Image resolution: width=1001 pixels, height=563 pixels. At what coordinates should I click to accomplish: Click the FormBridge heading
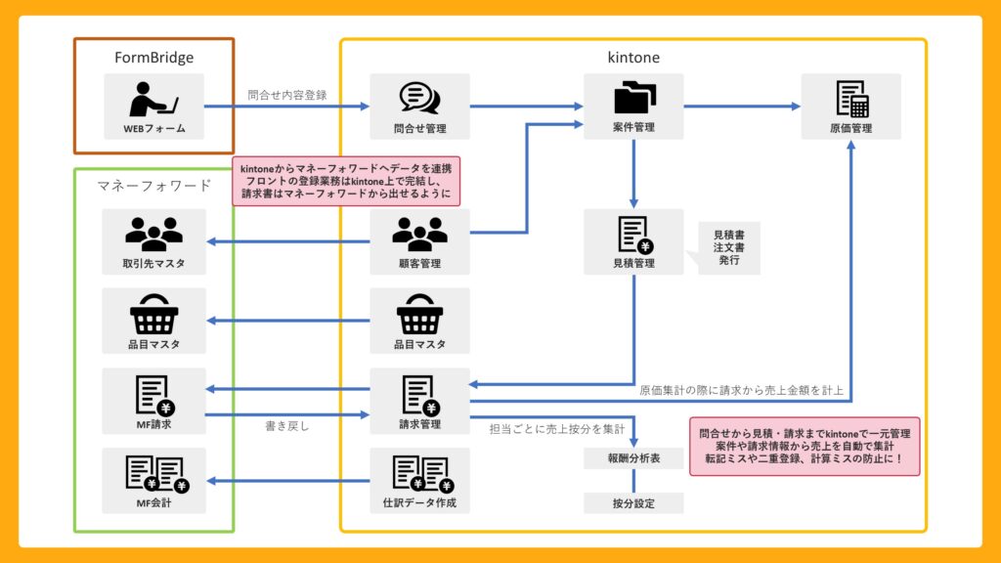(x=153, y=58)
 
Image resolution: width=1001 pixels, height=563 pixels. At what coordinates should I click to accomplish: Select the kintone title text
(x=633, y=58)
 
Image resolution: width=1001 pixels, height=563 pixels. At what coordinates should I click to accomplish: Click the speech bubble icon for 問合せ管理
(x=419, y=98)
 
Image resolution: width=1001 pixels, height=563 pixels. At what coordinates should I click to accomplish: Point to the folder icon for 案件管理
(x=633, y=98)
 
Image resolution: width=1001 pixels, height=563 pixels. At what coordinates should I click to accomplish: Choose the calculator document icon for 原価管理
(x=850, y=98)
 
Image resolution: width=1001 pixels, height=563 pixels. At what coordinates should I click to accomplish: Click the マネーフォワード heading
(x=153, y=185)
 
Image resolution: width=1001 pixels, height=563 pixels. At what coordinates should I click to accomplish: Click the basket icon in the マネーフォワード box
(x=153, y=314)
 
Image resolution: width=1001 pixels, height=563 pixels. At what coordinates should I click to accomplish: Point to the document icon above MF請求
(x=153, y=394)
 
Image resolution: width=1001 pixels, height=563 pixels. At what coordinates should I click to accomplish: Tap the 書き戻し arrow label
(x=287, y=426)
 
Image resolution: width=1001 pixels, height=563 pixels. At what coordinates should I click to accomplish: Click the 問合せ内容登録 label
(x=287, y=96)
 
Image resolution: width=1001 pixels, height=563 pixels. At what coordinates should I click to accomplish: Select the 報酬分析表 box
(x=633, y=458)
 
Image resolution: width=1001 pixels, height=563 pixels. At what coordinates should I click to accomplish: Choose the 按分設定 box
(x=633, y=503)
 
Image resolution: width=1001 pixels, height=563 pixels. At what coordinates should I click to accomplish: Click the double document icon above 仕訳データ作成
(x=419, y=474)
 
